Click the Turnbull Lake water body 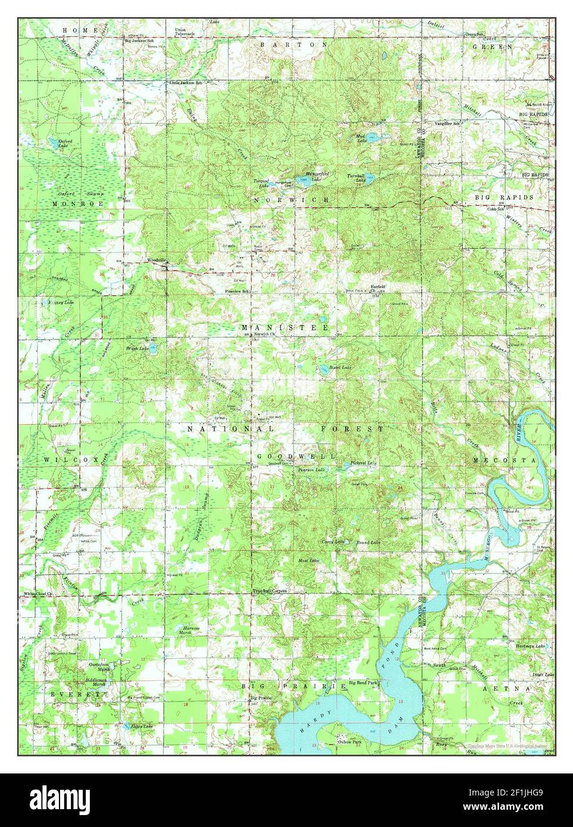click(x=370, y=177)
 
